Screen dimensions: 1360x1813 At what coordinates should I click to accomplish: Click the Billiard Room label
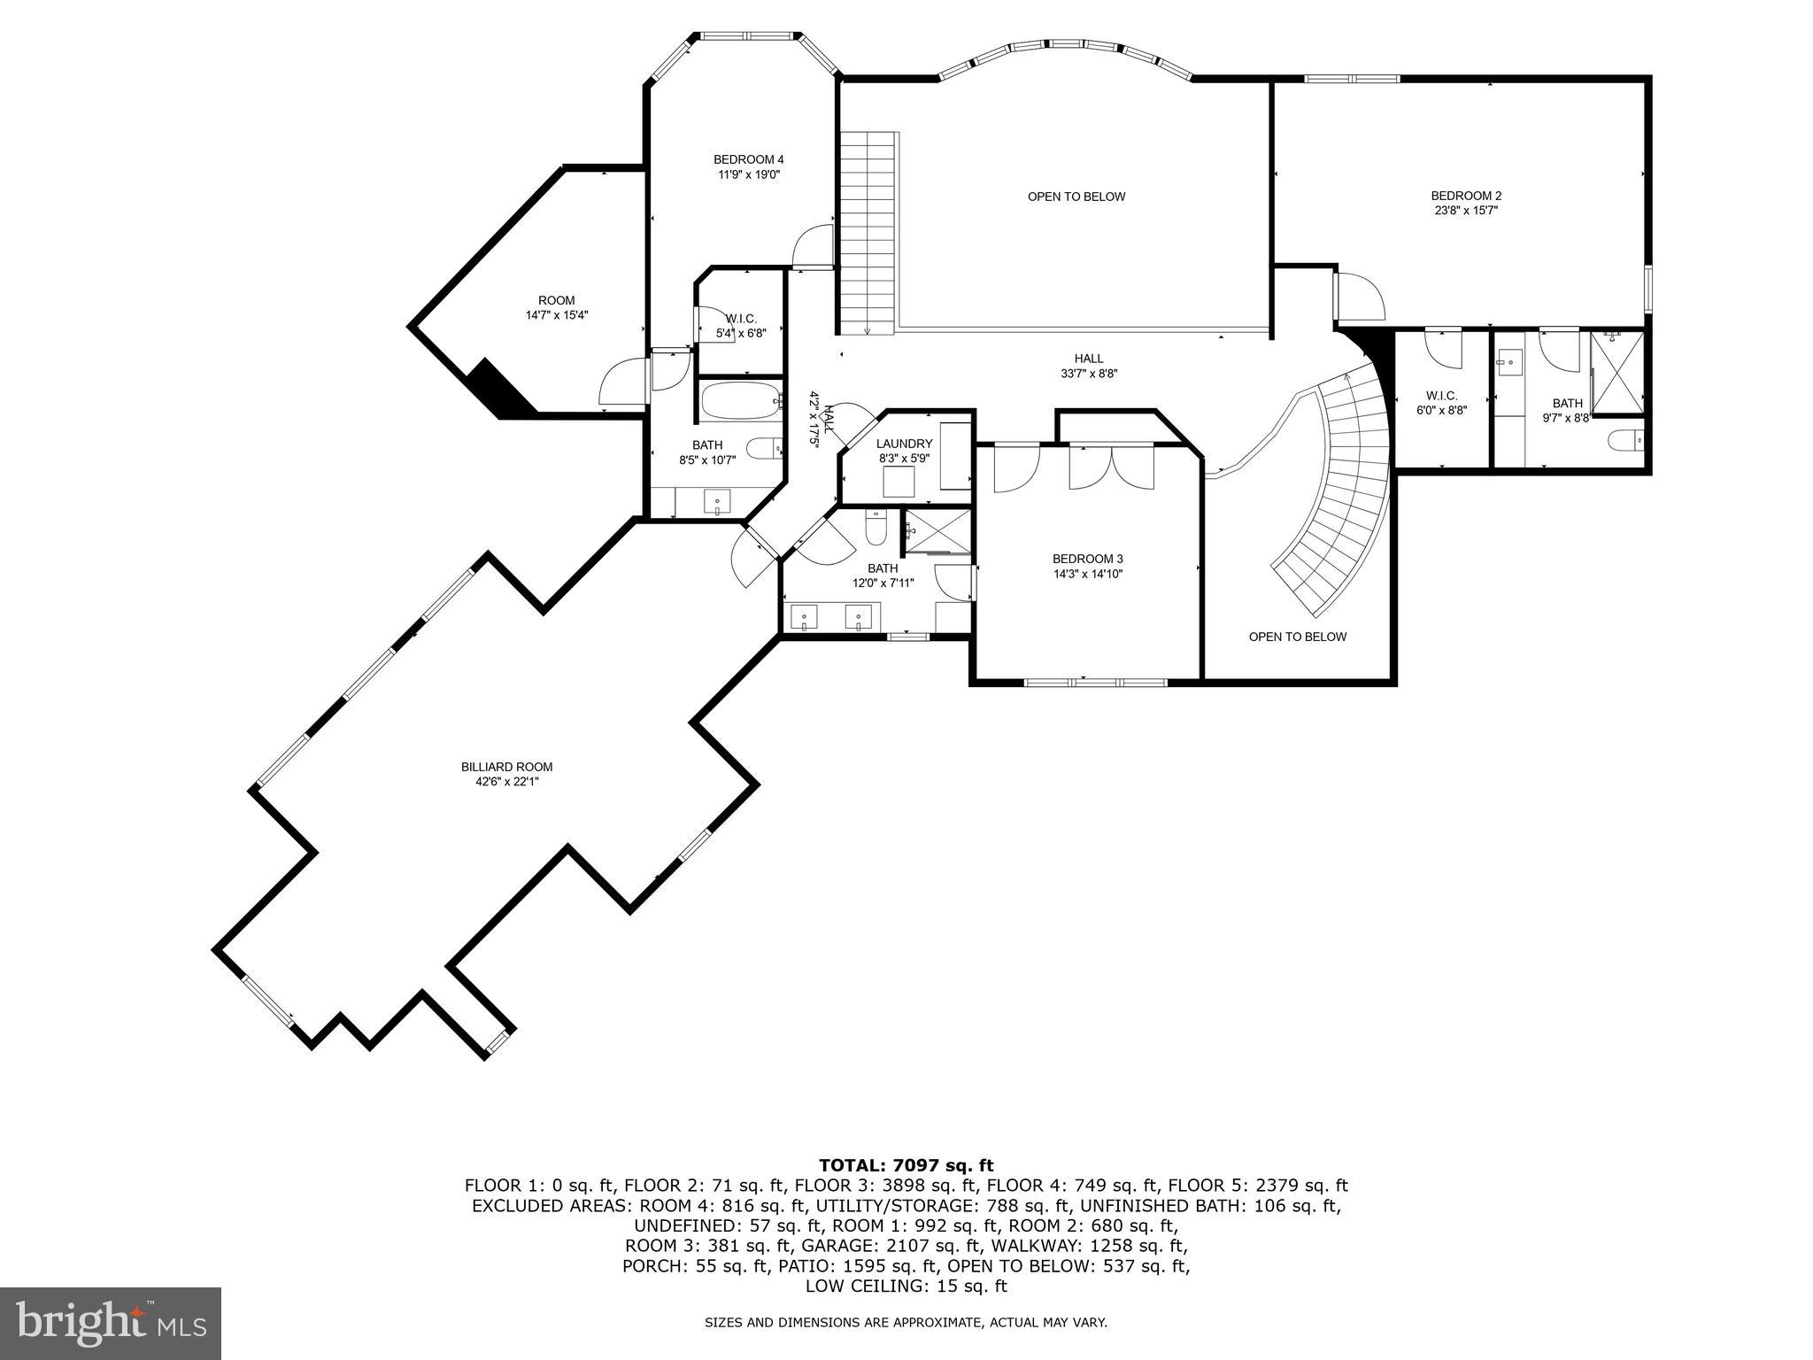pyautogui.click(x=506, y=767)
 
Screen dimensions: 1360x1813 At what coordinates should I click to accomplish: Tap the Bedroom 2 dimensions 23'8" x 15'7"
pyautogui.click(x=1466, y=211)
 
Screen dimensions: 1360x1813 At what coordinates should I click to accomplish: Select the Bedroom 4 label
pyautogui.click(x=748, y=159)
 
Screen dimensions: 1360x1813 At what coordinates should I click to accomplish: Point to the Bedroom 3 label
pyautogui.click(x=1087, y=559)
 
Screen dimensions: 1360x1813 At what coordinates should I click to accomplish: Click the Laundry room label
pyautogui.click(x=904, y=444)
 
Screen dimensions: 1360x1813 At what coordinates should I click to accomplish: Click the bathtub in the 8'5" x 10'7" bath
pyautogui.click(x=741, y=402)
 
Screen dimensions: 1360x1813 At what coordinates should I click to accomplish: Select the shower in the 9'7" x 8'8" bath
pyautogui.click(x=1617, y=372)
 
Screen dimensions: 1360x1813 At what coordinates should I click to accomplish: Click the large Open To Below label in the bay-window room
pyautogui.click(x=1076, y=197)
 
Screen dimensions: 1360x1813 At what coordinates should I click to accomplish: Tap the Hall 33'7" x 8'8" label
pyautogui.click(x=1088, y=359)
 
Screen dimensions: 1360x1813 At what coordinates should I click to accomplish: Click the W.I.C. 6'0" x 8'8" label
pyautogui.click(x=1441, y=396)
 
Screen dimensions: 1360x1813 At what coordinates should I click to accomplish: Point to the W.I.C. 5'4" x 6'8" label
pyautogui.click(x=741, y=319)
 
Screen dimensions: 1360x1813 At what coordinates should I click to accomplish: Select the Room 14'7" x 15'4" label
pyautogui.click(x=556, y=300)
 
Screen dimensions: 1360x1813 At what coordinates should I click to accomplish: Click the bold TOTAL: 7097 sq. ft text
pyautogui.click(x=906, y=1165)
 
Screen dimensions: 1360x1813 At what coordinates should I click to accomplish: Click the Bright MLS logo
pyautogui.click(x=111, y=1323)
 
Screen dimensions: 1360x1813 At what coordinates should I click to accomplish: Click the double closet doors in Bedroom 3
pyautogui.click(x=1111, y=467)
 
